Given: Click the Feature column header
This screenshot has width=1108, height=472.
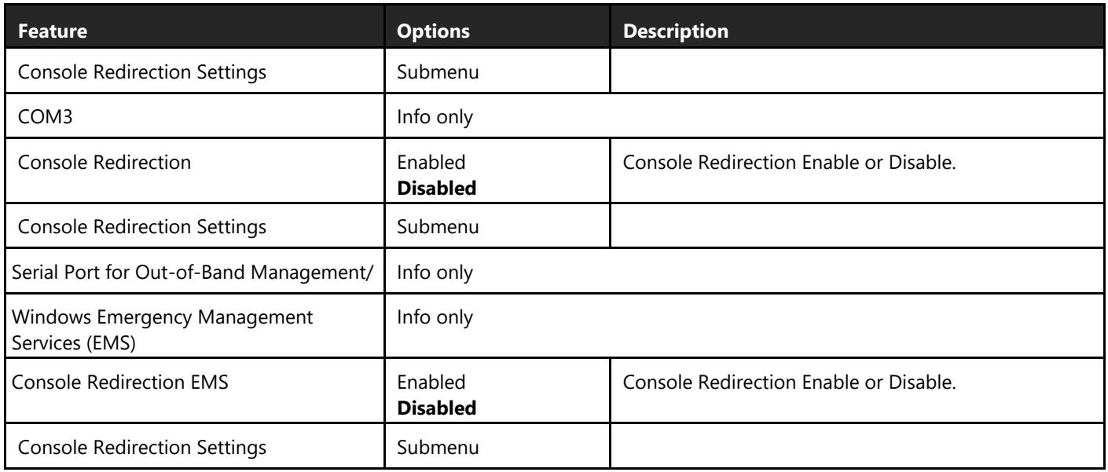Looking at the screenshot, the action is (53, 31).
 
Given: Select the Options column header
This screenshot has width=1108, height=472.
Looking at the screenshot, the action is (433, 31).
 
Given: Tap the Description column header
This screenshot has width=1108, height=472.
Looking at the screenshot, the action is (676, 31).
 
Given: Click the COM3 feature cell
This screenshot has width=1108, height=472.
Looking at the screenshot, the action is (45, 117).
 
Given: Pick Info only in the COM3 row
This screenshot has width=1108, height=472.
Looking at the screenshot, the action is (435, 118).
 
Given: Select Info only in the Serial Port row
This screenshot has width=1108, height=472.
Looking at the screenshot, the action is (435, 273).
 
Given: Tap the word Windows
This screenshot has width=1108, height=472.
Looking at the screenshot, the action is (51, 317).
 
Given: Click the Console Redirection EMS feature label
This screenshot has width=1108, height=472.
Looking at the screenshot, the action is (120, 382).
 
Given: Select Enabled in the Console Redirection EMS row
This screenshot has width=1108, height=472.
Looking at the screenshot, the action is (431, 382).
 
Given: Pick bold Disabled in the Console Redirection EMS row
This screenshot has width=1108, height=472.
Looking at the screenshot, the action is (437, 408).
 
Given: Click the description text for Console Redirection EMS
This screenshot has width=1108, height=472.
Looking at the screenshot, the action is (789, 382).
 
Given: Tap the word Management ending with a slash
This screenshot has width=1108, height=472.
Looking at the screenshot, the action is (312, 273).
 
